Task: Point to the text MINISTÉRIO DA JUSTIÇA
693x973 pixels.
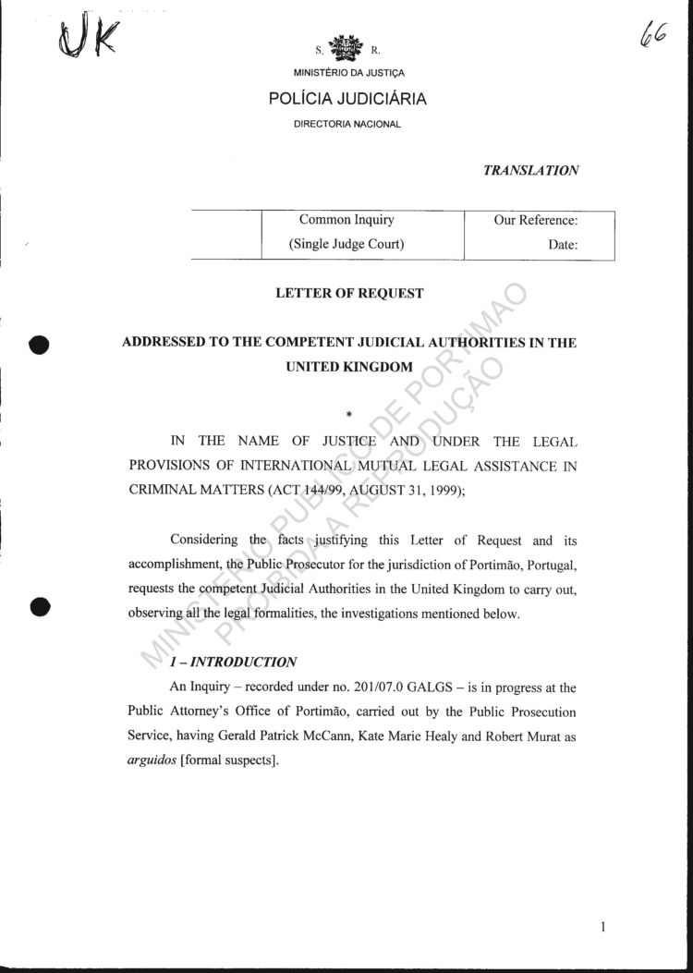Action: click(x=347, y=73)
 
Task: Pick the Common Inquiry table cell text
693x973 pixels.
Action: click(x=346, y=220)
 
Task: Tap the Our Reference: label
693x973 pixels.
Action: click(x=536, y=221)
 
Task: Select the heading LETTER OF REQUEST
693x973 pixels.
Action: click(x=349, y=294)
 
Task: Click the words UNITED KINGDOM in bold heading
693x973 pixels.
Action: click(x=348, y=366)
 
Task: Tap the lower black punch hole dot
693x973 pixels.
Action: click(x=39, y=606)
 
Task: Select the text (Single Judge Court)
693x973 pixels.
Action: click(x=346, y=245)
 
